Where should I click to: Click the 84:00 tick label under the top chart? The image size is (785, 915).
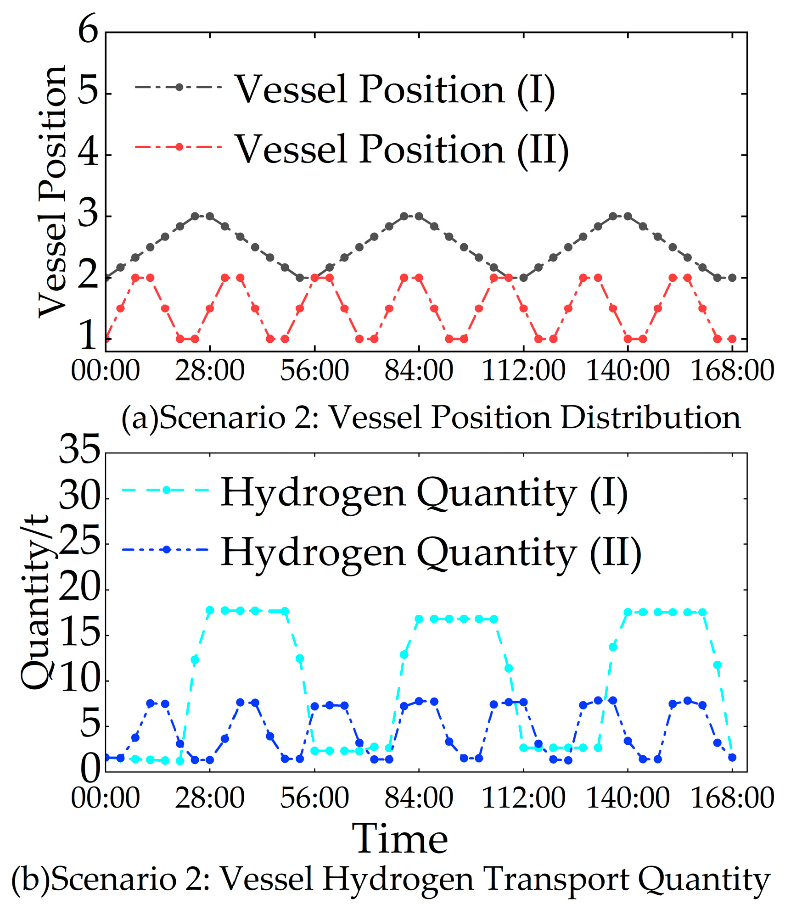(419, 371)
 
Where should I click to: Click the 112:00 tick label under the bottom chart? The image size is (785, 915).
(523, 798)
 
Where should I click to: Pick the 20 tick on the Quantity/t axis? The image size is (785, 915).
(79, 590)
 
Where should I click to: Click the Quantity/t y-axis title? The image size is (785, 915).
(35, 602)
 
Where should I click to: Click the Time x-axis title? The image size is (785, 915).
(400, 839)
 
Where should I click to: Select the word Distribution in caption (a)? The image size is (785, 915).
(650, 418)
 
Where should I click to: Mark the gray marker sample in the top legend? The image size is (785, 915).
(179, 87)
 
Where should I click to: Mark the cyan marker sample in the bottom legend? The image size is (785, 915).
(166, 490)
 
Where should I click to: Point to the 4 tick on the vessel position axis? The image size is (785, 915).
(89, 154)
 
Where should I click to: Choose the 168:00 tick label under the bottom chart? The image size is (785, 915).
(732, 798)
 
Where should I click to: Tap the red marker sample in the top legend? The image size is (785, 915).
(179, 147)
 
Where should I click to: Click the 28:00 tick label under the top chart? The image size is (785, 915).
(210, 371)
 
